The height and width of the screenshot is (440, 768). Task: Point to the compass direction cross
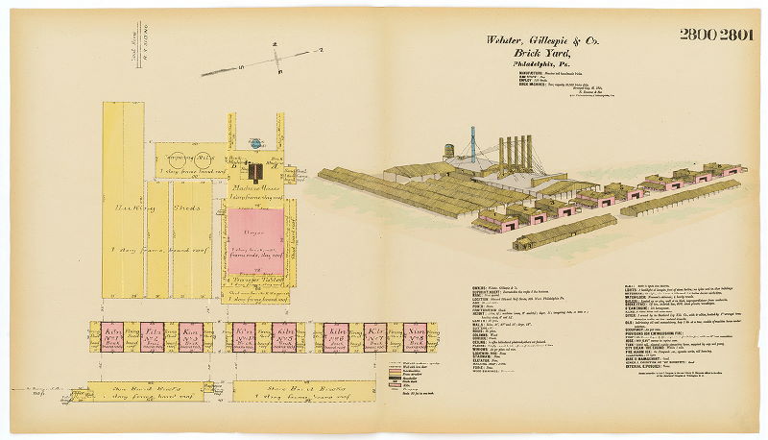coord(276,59)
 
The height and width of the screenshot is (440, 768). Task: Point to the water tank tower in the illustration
coord(448,152)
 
